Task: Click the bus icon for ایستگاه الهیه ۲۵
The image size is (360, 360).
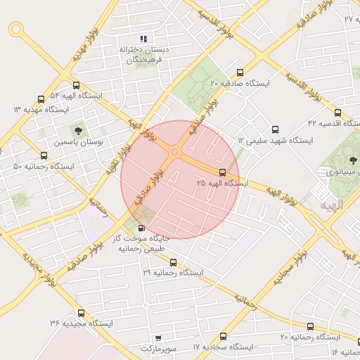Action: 222,172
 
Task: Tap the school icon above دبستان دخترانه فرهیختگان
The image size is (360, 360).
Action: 144,39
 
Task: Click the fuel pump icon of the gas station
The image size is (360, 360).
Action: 143,228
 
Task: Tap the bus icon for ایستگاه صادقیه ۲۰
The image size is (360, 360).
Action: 241,72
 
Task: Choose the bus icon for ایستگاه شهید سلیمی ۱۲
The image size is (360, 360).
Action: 275,129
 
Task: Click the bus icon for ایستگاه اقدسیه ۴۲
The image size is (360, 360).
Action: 337,112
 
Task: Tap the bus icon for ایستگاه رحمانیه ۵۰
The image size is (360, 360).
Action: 45,156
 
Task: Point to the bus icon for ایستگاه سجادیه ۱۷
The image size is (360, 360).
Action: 224,336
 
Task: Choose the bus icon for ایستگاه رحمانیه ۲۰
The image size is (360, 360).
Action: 311,326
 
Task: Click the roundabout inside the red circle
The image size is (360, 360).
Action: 174,151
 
